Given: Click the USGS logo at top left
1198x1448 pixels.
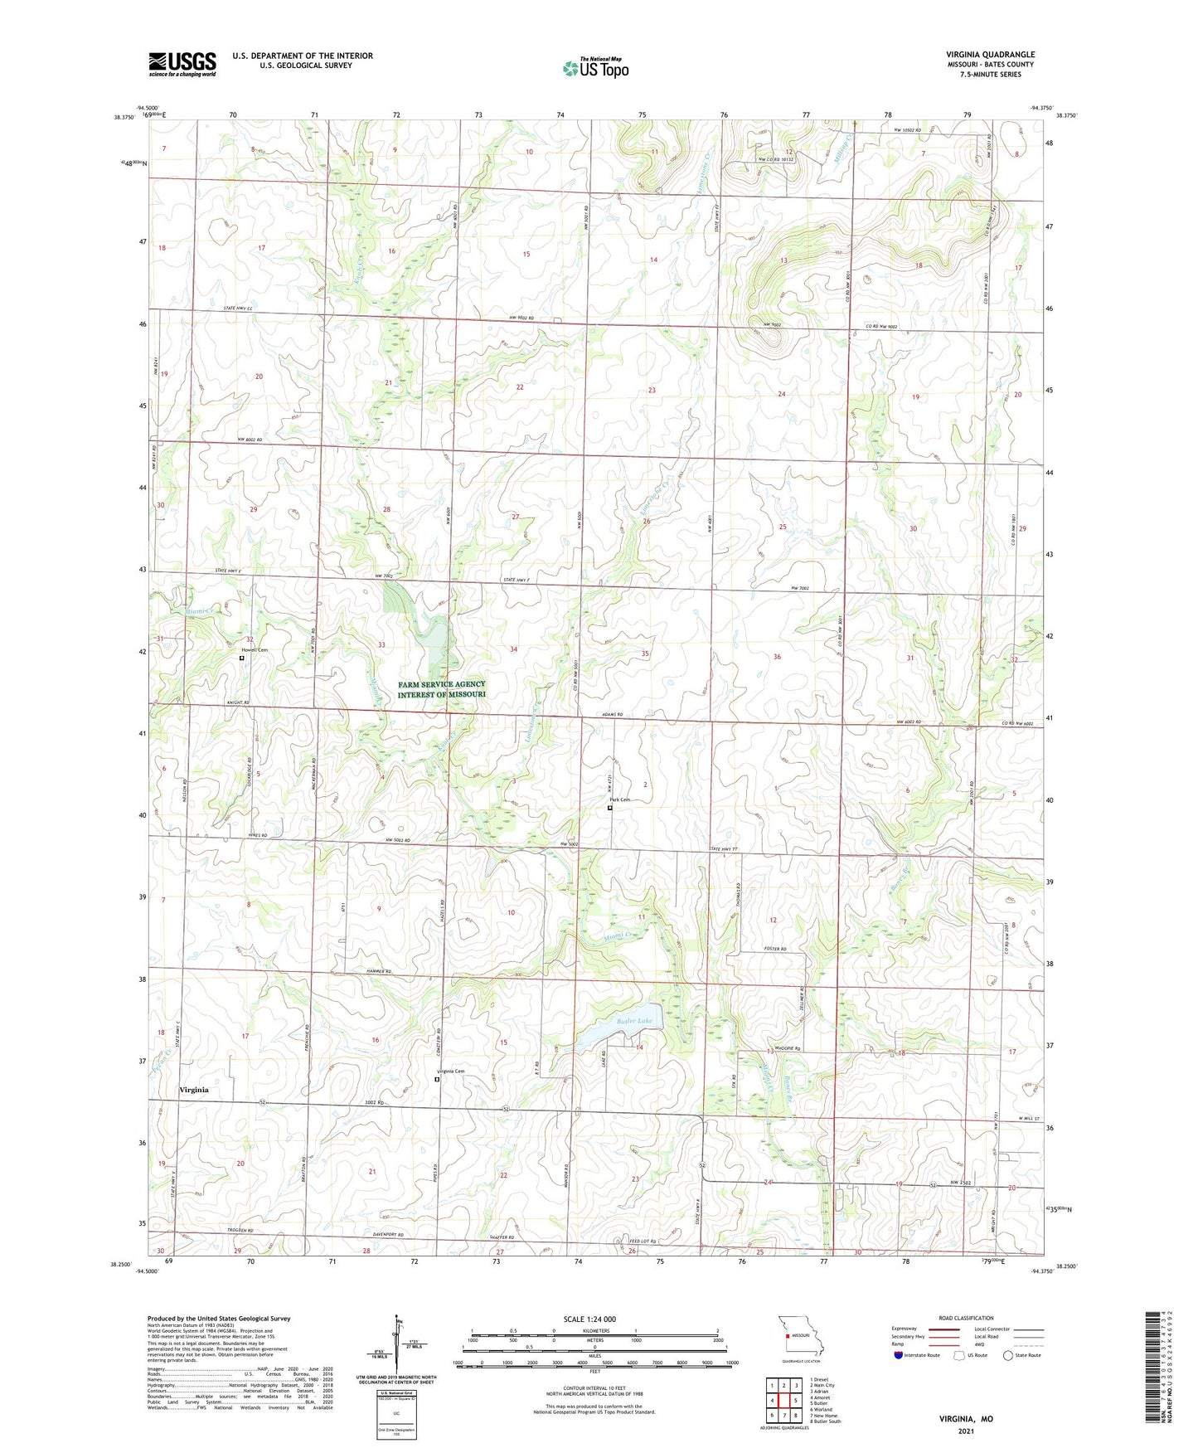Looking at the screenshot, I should (x=182, y=64).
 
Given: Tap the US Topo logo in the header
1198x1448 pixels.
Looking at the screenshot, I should (x=594, y=68).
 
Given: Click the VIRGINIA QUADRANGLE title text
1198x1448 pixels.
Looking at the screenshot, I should (x=990, y=55).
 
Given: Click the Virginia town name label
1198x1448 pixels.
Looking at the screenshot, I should (x=194, y=1090).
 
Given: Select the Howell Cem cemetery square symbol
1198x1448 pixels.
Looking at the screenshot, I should (x=242, y=658).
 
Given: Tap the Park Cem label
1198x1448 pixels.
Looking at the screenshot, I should (x=621, y=799).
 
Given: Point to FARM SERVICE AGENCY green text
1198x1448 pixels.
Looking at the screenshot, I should (x=441, y=684).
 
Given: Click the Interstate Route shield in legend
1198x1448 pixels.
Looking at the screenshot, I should (x=898, y=1355).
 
